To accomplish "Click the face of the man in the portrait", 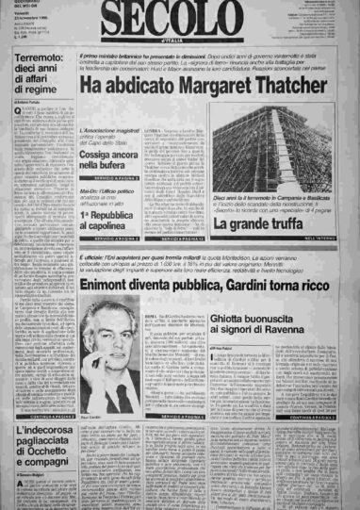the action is (x=109, y=345).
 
